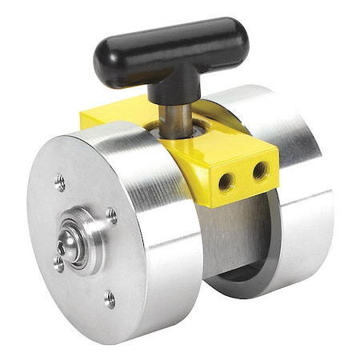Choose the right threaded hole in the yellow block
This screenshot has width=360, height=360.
[x=260, y=170]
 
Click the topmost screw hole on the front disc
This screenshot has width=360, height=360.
[x=60, y=182]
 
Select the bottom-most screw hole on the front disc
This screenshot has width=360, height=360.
[x=110, y=300]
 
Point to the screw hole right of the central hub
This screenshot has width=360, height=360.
[x=112, y=216]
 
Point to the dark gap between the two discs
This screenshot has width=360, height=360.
[x=220, y=240]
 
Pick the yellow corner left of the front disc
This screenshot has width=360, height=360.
[x=90, y=120]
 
